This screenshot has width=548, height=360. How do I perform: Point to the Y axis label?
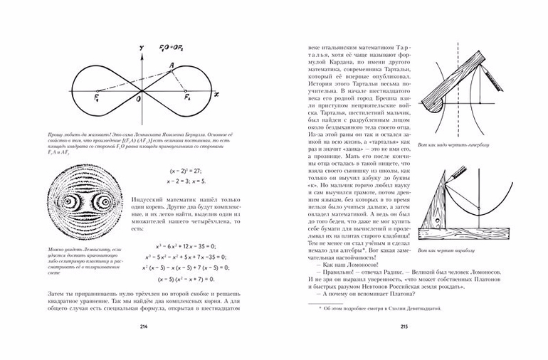[x=142, y=48]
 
